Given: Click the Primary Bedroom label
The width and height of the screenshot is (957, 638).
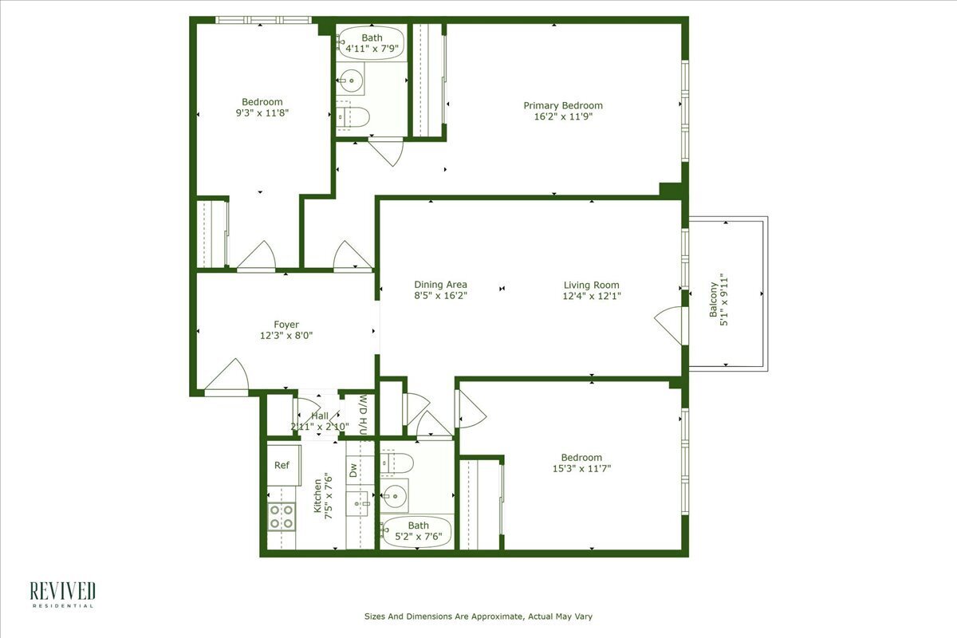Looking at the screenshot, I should [x=563, y=105].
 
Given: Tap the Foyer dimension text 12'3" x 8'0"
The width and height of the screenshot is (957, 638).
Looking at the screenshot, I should [x=286, y=336].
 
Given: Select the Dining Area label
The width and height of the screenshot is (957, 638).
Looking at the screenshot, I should [x=440, y=285].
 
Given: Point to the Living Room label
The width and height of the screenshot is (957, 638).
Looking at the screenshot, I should [x=591, y=285].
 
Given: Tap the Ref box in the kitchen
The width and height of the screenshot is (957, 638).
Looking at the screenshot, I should [x=282, y=465].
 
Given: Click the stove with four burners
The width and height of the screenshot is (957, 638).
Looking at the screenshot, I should [x=281, y=517].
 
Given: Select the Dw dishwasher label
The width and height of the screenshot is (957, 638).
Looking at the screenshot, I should [x=353, y=470].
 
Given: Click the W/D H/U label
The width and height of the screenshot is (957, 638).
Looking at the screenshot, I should [x=363, y=415].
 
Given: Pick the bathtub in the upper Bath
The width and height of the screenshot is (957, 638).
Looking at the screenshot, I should [x=371, y=43].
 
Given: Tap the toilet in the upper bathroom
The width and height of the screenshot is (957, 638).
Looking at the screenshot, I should [x=352, y=118].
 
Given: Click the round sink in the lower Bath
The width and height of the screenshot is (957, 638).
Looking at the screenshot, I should [x=393, y=497].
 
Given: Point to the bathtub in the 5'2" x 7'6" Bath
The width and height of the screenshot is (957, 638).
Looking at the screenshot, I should [x=417, y=532].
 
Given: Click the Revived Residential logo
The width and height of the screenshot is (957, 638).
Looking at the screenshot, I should [x=62, y=594].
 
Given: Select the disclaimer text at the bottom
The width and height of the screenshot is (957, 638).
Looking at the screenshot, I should [x=478, y=616].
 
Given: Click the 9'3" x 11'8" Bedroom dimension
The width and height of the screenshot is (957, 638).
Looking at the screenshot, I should [x=262, y=113].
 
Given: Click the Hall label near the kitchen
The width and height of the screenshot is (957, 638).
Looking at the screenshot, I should [x=319, y=415].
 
